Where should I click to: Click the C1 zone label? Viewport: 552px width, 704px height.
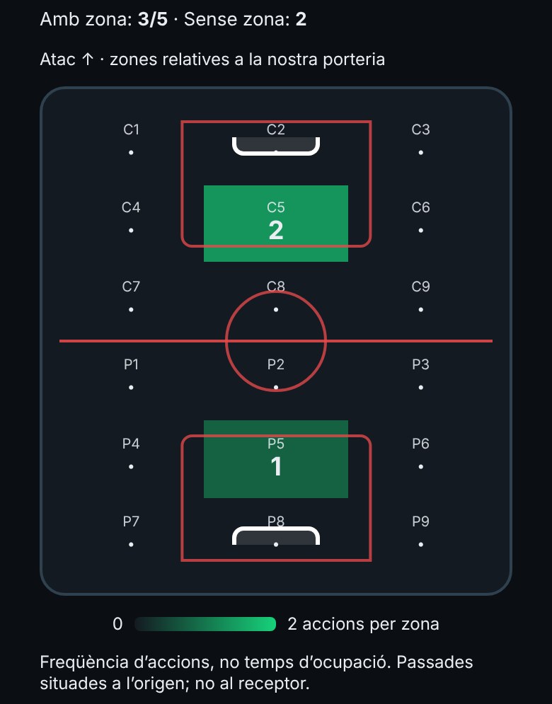(131, 129)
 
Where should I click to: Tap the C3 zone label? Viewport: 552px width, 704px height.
(421, 129)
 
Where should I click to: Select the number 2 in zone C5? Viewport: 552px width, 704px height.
(276, 231)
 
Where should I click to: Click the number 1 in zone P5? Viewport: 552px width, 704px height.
(276, 466)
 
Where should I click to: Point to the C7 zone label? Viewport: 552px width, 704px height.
(131, 287)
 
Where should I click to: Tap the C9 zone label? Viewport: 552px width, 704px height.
(421, 287)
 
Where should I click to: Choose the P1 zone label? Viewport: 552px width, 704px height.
(131, 364)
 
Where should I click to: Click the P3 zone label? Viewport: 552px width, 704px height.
(421, 364)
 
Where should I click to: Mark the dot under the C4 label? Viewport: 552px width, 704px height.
(131, 231)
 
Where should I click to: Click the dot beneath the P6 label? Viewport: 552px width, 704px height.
(421, 467)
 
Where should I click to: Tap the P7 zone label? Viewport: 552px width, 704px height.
(131, 521)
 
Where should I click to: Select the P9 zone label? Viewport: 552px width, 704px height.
(421, 521)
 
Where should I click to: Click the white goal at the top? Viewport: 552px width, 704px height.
(276, 153)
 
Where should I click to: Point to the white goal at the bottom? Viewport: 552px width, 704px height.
(276, 529)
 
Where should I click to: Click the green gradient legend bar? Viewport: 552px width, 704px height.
(205, 624)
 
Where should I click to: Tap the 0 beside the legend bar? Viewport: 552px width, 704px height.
(117, 624)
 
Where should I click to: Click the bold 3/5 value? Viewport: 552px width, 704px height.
(153, 19)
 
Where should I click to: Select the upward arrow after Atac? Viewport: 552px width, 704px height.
(88, 59)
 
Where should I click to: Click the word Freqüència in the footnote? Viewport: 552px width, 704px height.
(83, 663)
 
